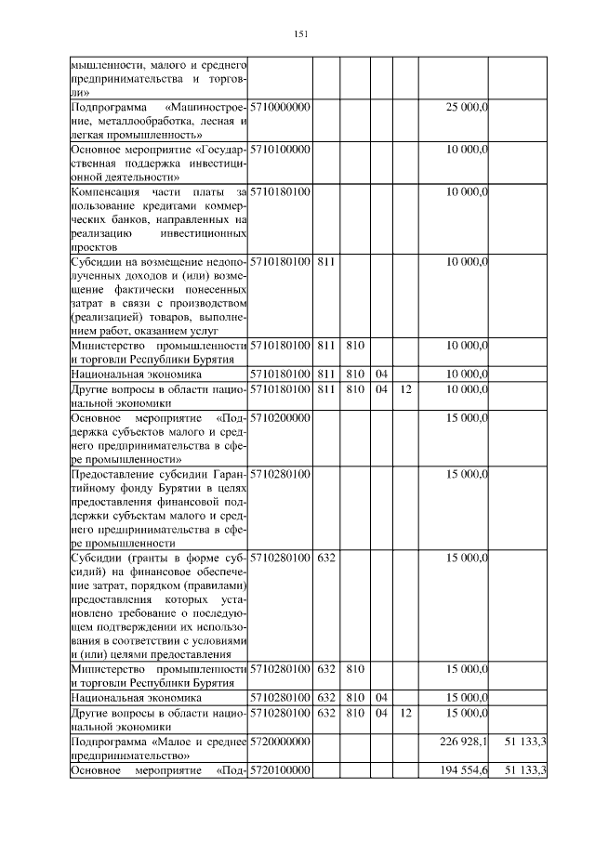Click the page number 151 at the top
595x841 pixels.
click(x=299, y=34)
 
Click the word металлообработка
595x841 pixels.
click(x=148, y=122)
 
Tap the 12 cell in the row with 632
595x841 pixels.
click(x=405, y=714)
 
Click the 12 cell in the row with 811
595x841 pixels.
click(x=405, y=389)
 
